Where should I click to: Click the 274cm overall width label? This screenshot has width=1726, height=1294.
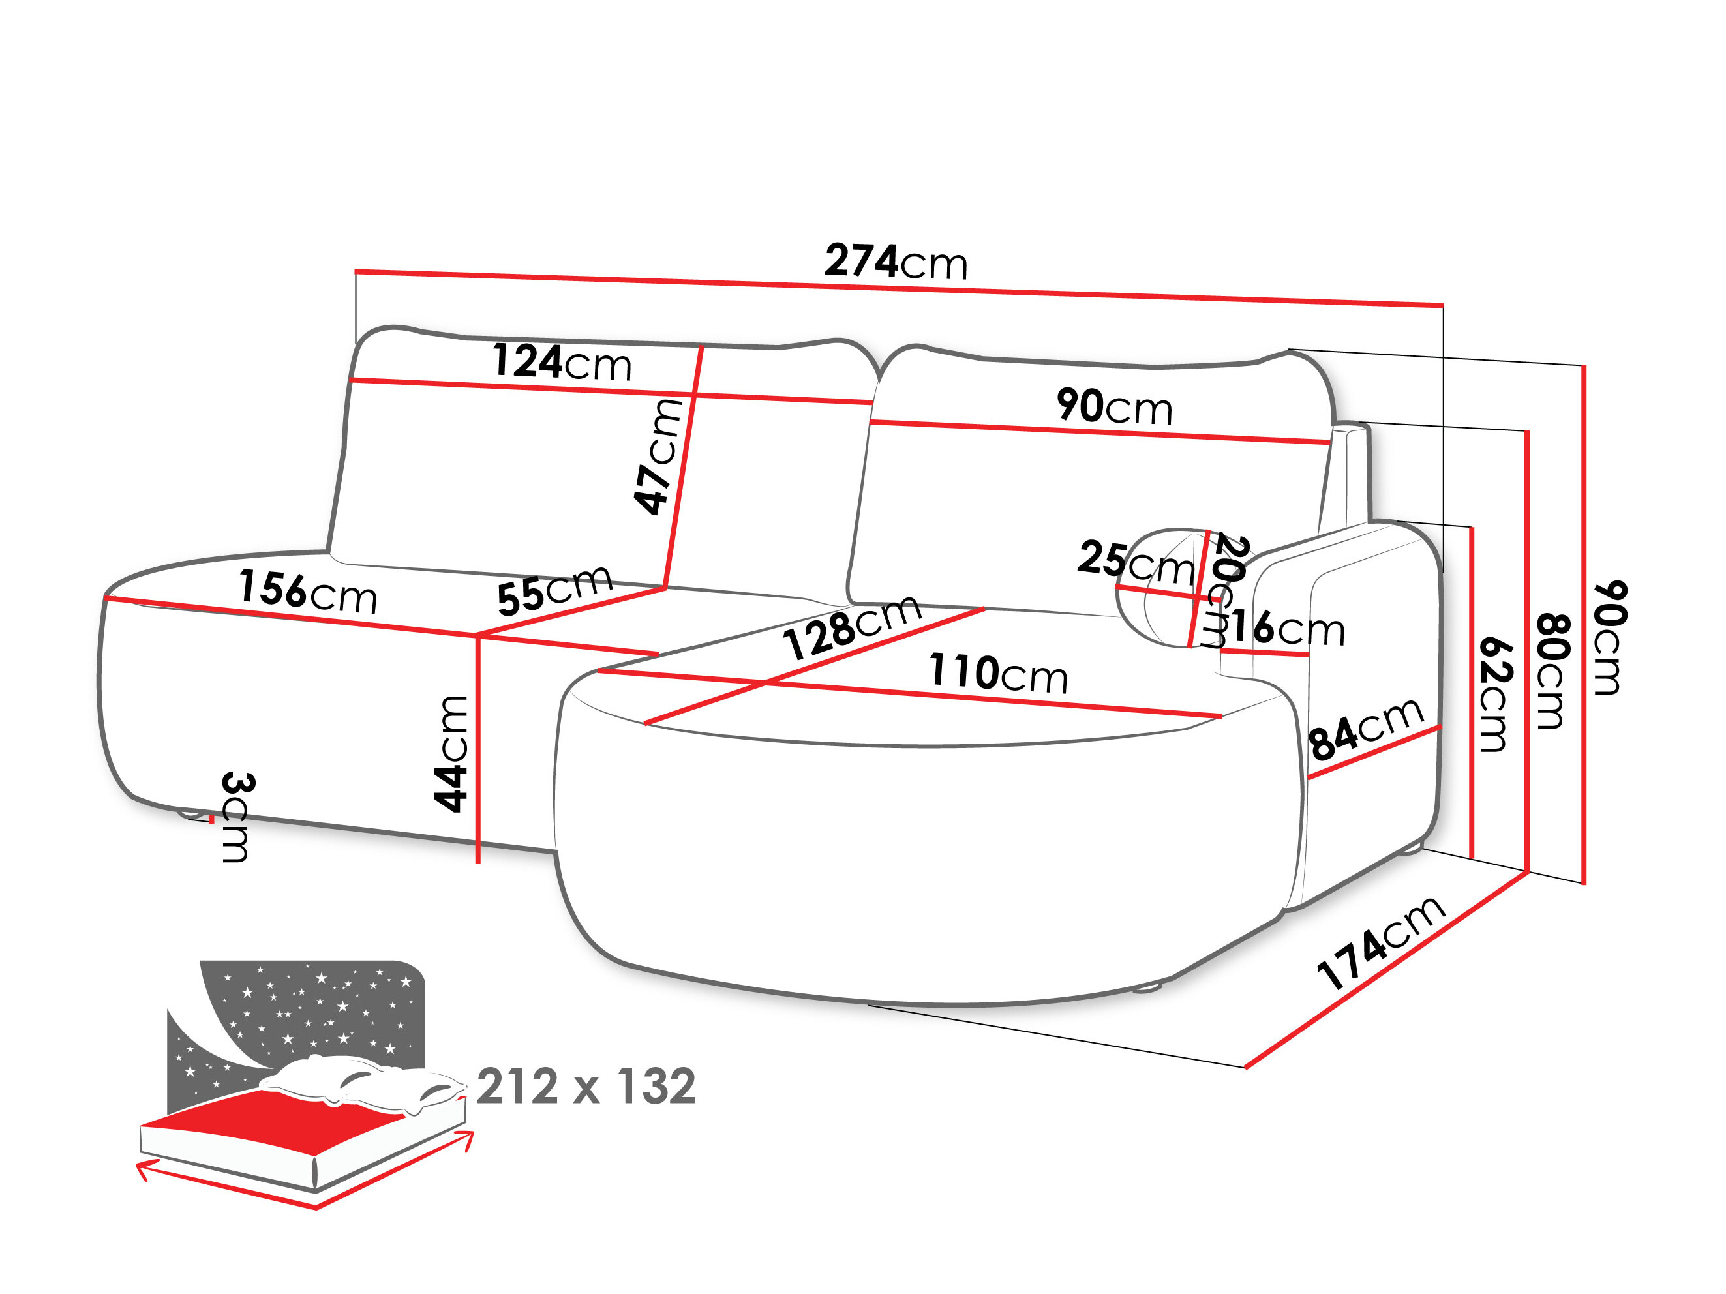[x=896, y=262]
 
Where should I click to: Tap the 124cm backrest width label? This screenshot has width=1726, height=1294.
[x=562, y=362]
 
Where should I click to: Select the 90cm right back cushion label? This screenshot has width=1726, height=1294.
[x=1114, y=406]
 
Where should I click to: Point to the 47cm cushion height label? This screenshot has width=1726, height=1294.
[x=658, y=457]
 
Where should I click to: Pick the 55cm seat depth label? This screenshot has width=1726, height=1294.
[x=554, y=590]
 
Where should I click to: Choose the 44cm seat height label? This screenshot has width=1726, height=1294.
[x=451, y=753]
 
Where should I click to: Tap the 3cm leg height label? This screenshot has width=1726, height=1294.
[x=236, y=817]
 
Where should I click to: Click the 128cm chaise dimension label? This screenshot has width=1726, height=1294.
[x=852, y=628]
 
